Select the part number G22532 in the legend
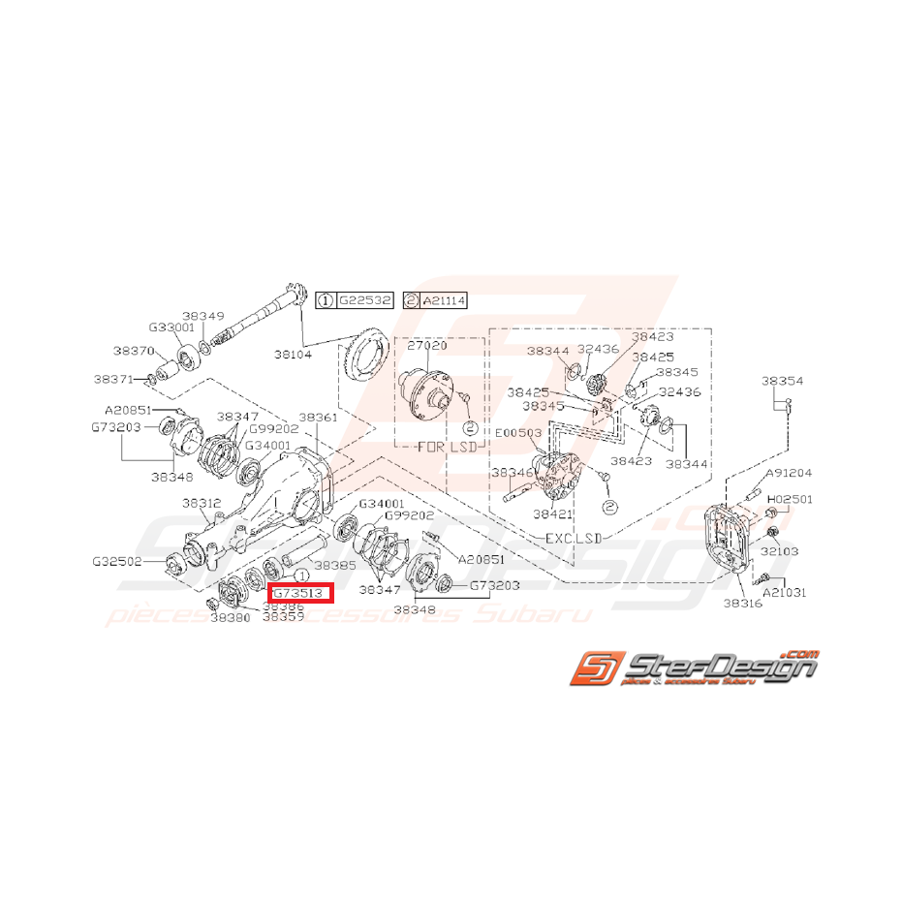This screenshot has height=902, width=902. [x=364, y=301]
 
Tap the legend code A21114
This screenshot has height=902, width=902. [x=443, y=301]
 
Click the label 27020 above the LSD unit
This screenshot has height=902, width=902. [x=427, y=345]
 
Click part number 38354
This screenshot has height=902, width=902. [x=782, y=382]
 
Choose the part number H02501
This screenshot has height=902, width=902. [x=791, y=500]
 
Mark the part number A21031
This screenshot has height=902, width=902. [x=784, y=591]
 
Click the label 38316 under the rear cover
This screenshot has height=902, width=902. [x=742, y=604]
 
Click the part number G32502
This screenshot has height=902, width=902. [x=117, y=561]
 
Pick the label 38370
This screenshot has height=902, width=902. [x=133, y=351]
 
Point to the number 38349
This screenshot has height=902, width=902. [x=202, y=316]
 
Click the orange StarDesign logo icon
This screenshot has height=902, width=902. [x=591, y=668]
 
